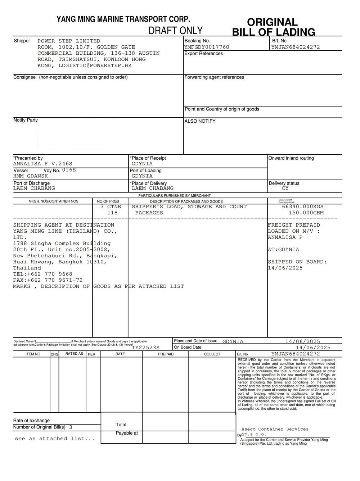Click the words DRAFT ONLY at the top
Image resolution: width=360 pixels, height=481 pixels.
tap(176, 31)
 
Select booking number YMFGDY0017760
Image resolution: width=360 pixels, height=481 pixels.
tap(207, 47)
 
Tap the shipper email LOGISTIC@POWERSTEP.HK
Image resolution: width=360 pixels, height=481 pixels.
tap(95, 65)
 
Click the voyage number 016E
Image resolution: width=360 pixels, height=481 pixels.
tap(69, 170)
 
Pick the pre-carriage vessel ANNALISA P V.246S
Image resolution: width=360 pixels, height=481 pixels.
tap(43, 164)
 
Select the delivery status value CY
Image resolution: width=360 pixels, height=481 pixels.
tap(285, 188)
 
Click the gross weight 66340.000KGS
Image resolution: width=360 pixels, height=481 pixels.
tap(303, 207)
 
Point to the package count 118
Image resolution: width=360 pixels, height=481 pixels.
tap(112, 213)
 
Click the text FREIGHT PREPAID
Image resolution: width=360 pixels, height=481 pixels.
tap(294, 225)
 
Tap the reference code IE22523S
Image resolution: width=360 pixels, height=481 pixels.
tap(146, 348)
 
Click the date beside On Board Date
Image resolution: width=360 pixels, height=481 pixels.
tap(313, 348)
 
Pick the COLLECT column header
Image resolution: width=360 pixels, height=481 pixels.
tap(212, 354)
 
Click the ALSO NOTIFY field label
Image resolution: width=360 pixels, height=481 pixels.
tap(200, 121)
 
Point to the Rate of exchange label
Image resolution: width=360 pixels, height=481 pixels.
tap(31, 421)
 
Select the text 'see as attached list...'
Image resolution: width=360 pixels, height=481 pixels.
tap(55, 439)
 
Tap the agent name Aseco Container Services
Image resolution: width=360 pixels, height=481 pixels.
tap(275, 429)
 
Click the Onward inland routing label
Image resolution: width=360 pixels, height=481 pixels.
tap(291, 158)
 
